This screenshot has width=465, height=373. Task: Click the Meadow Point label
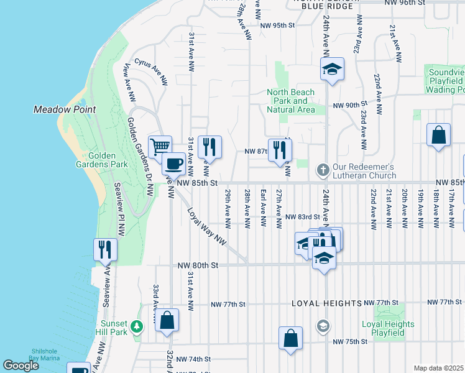pyautogui.click(x=64, y=109)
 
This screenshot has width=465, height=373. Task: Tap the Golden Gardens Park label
pyautogui.click(x=108, y=160)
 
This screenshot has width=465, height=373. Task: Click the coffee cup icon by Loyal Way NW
pyautogui.click(x=173, y=163)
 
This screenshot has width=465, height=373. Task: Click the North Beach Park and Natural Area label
pyautogui.click(x=290, y=101)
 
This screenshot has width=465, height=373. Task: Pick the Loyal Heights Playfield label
pyautogui.click(x=388, y=328)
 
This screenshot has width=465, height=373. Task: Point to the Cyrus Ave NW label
pyautogui.click(x=151, y=72)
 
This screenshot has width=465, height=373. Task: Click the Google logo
pyautogui.click(x=21, y=366)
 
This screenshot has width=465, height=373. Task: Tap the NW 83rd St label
pyautogui.click(x=302, y=216)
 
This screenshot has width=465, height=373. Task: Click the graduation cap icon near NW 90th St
pyautogui.click(x=332, y=69)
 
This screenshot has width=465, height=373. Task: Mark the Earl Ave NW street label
pyautogui.click(x=263, y=208)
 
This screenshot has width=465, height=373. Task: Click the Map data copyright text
pyautogui.click(x=438, y=368)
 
